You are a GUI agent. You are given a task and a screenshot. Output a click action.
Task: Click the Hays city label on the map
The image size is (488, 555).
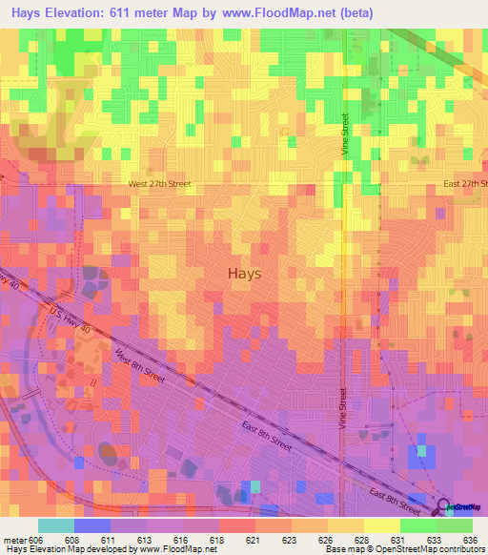[245, 273]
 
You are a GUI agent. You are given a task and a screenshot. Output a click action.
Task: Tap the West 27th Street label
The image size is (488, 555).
[160, 185]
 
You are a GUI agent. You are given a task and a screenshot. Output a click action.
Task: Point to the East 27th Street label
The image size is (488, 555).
[463, 185]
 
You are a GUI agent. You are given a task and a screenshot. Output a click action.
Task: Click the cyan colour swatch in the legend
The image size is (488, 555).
[56, 525]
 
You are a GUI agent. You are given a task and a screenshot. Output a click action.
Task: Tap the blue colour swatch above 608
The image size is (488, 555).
[92, 525]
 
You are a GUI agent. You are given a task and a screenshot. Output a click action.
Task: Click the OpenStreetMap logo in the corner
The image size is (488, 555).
[461, 507]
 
